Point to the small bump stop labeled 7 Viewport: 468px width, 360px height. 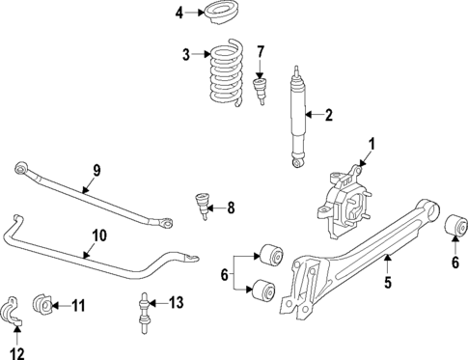[x=259, y=95]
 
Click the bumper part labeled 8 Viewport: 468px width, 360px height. [x=202, y=205]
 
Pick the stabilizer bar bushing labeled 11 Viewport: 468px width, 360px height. [x=43, y=306]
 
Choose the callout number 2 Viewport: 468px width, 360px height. [x=328, y=116]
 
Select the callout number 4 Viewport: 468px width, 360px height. [x=179, y=13]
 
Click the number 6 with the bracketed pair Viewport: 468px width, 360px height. [x=226, y=274]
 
